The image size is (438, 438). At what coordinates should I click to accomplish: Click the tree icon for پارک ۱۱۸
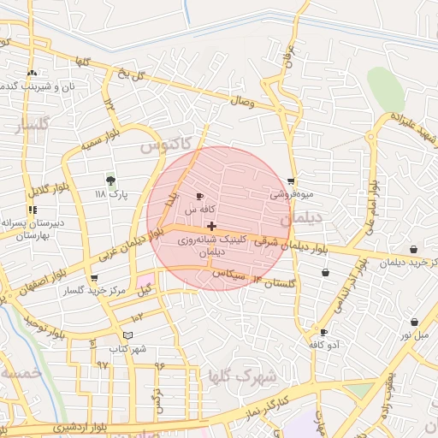coord(110,180)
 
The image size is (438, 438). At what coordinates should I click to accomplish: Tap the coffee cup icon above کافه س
coord(199,196)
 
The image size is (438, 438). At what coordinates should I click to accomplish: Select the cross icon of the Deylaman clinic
coord(211,227)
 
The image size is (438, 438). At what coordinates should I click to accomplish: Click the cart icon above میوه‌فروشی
coord(292,181)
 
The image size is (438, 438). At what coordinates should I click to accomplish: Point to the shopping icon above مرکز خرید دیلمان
coord(413,250)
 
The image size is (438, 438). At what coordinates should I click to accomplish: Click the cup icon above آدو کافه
coord(323,331)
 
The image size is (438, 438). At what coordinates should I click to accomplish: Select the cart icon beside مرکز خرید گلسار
coord(93,278)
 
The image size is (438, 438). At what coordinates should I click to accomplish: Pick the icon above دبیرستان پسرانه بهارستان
coord(33,210)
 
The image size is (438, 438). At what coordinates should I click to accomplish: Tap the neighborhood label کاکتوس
coord(162,147)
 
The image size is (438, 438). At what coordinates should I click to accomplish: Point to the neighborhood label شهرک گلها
coord(244,376)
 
